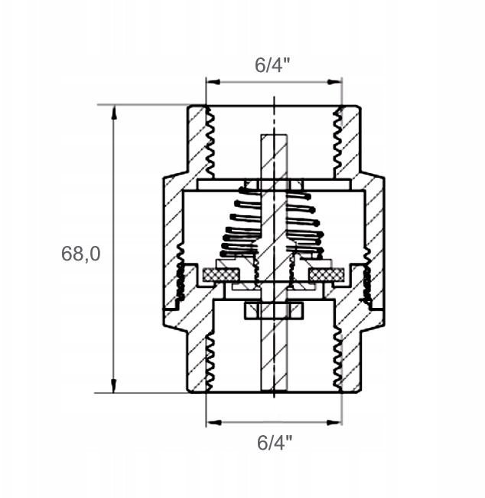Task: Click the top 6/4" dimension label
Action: click(272, 65)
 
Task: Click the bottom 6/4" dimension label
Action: click(275, 442)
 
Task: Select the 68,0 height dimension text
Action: click(80, 254)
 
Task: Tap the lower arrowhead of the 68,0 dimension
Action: click(114, 385)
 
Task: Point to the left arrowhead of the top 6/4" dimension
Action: click(213, 82)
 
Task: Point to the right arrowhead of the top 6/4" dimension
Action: click(334, 82)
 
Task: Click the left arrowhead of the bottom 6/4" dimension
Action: click(213, 422)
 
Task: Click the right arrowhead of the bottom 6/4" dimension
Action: click(334, 422)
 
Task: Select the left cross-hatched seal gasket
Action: click(221, 275)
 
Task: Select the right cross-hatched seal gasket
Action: click(327, 275)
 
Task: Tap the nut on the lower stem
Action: click(274, 310)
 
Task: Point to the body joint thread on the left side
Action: click(181, 274)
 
